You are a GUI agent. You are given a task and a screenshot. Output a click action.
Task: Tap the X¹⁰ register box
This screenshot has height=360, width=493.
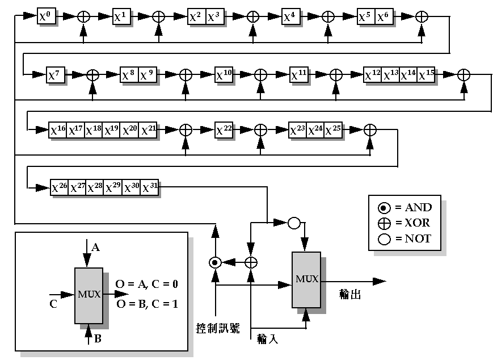click(x=224, y=74)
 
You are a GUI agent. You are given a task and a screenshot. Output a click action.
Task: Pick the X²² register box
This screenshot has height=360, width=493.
click(x=224, y=130)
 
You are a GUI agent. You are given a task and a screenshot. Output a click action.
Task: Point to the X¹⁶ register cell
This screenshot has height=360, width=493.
click(x=58, y=130)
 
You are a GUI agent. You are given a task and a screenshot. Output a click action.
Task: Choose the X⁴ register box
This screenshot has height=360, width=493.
click(x=292, y=17)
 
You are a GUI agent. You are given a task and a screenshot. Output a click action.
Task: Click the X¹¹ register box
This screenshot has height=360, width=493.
click(x=299, y=74)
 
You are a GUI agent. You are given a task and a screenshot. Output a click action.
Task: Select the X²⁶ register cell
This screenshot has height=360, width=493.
click(x=60, y=187)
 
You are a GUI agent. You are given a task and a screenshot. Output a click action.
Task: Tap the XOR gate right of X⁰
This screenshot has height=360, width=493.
click(x=83, y=17)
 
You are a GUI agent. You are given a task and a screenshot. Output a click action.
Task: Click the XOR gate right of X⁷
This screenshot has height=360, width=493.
click(x=92, y=74)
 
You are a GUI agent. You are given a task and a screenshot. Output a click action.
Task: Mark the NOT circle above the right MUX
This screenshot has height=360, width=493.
click(x=293, y=223)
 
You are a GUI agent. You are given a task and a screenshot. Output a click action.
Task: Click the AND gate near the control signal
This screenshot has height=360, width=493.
click(x=214, y=262)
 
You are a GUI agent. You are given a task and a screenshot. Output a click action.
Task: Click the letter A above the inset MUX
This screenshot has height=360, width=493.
click(x=96, y=248)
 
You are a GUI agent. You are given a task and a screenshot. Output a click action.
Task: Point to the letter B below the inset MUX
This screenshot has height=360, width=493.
click(x=97, y=340)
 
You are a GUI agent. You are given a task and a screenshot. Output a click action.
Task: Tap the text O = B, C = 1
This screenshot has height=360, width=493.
click(x=148, y=304)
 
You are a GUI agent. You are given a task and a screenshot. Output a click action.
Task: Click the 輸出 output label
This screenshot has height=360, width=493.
click(x=350, y=295)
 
